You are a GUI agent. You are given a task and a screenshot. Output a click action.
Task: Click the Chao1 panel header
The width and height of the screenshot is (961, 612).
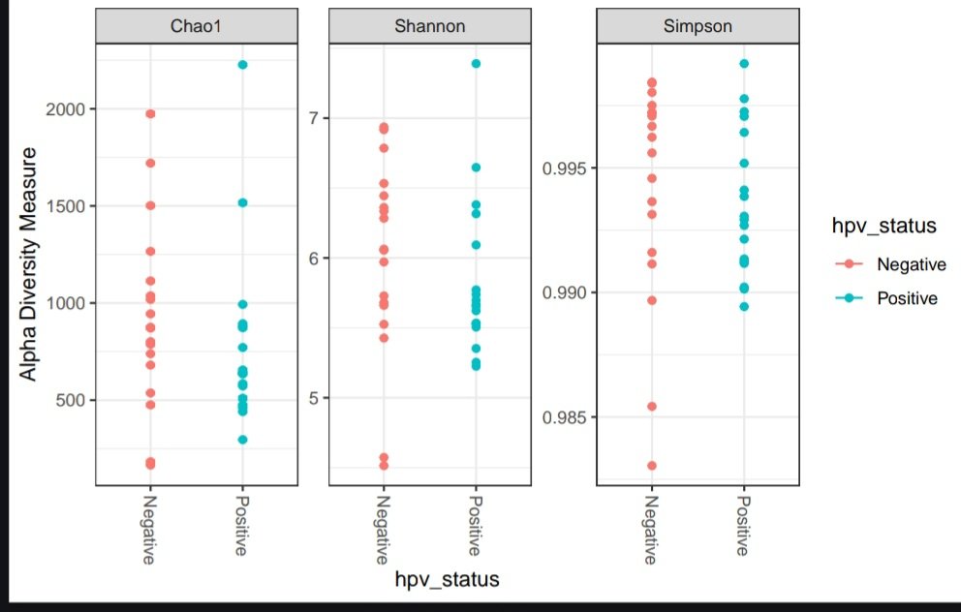197,27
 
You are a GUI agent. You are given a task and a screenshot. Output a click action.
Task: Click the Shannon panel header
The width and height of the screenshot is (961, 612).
429,27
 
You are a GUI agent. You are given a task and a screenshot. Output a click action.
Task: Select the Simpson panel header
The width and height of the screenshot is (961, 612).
697,27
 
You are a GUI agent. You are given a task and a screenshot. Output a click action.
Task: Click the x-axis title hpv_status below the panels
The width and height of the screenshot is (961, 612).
447,580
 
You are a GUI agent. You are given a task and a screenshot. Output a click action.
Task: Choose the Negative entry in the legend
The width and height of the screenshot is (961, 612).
910,264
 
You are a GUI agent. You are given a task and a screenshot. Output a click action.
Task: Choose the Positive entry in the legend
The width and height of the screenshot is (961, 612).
908,298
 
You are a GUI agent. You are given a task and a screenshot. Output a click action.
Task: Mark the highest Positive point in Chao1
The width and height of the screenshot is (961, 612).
243,65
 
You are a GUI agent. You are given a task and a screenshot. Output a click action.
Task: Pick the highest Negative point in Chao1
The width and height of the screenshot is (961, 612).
150,114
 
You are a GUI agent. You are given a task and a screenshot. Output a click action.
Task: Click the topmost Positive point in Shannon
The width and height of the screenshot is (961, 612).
477,64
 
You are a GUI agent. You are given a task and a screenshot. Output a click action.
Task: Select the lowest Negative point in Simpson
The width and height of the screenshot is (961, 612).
652,466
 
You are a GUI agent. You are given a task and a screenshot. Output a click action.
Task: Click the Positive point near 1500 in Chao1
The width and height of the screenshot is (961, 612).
243,203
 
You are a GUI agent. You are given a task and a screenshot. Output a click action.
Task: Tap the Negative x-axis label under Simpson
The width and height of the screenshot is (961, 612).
650,529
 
